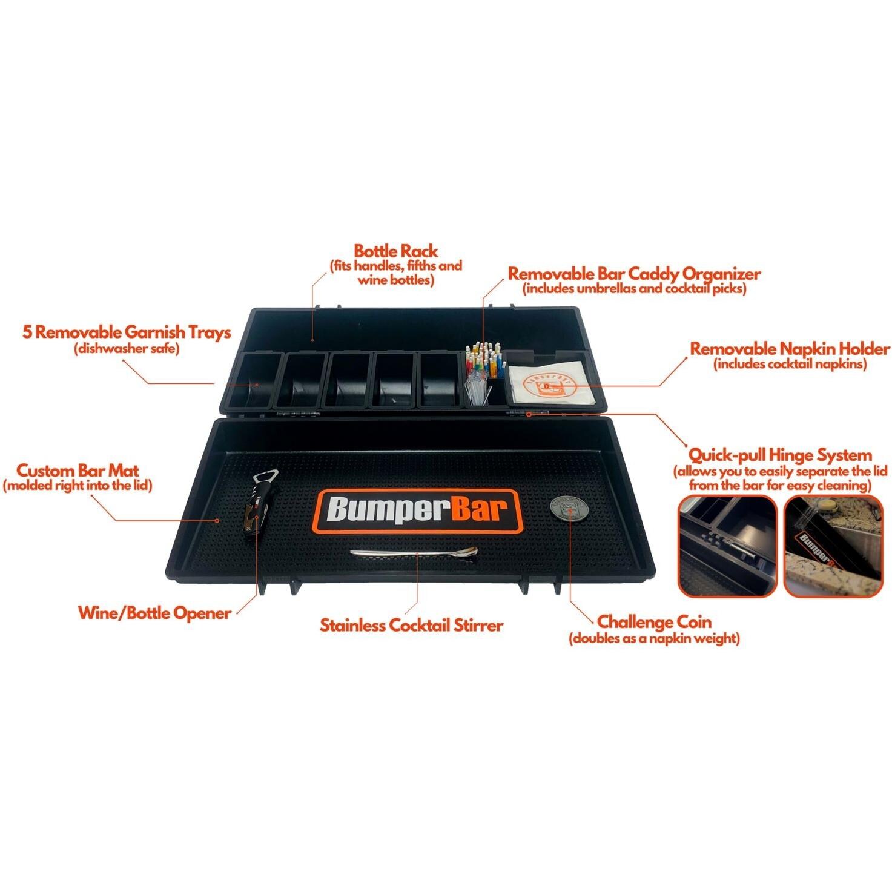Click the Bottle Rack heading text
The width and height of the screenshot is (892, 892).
(395, 251)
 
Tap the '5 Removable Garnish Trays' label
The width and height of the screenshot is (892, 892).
(127, 332)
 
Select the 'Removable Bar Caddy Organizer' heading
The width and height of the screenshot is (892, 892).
(633, 274)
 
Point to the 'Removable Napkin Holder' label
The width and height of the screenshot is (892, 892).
(790, 349)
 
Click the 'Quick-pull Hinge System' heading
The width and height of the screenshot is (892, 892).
(780, 455)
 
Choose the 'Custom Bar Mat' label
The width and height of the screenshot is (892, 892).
(78, 471)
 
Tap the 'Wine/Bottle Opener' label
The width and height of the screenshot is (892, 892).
(154, 613)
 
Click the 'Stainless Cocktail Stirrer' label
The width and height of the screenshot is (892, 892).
(411, 624)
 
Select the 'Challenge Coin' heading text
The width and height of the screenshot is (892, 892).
(654, 622)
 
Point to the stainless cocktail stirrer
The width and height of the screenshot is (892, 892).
(414, 553)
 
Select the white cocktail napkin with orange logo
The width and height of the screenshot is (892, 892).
(547, 380)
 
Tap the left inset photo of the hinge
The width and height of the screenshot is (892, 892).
(727, 546)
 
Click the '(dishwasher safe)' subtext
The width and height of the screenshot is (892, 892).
(127, 349)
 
